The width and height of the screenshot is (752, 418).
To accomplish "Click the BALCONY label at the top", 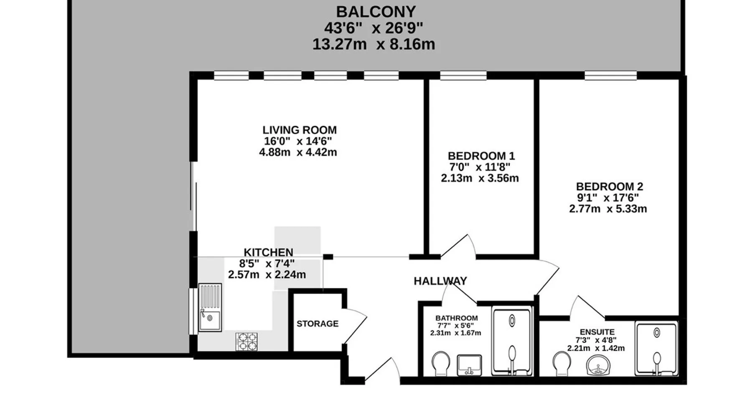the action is (x=376, y=11).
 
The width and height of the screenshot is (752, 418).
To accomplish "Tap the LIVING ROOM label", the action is (x=300, y=130).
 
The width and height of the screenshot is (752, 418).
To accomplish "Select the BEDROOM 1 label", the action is (x=481, y=156).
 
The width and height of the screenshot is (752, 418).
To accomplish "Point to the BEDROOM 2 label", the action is (x=610, y=186).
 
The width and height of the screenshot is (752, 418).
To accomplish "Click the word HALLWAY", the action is (x=440, y=281).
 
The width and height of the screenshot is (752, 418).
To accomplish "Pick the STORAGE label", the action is (x=318, y=324).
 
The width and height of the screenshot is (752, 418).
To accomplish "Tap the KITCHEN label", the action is (x=268, y=252).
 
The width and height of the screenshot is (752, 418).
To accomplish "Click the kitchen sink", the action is (x=210, y=307).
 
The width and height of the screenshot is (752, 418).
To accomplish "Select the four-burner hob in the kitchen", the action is (x=246, y=342).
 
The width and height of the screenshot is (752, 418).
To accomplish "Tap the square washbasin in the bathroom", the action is (x=469, y=365).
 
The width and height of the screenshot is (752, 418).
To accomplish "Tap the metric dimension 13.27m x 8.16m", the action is (x=373, y=44).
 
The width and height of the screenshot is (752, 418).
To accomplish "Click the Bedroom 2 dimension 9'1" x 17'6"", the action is (x=608, y=198).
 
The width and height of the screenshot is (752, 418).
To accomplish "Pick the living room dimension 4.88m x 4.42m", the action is (x=298, y=152).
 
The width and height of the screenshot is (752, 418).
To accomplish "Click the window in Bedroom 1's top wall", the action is (x=463, y=76).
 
